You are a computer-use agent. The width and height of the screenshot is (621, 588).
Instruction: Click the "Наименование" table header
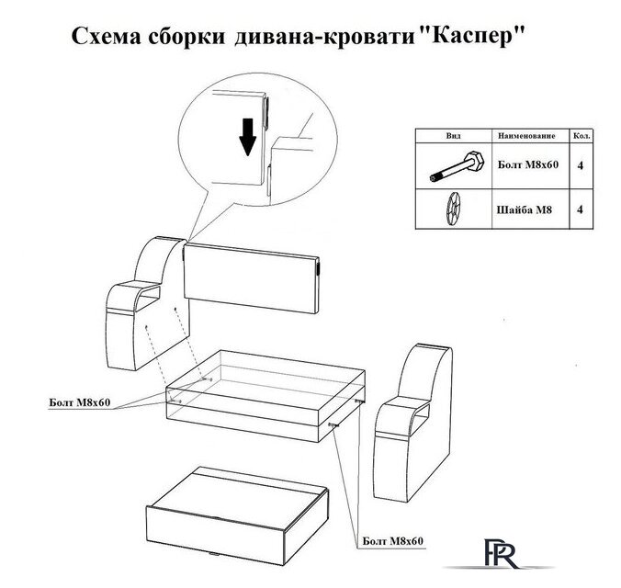point(526,135)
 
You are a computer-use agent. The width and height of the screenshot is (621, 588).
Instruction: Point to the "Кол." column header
point(581,135)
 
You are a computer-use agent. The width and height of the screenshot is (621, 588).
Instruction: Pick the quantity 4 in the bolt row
point(581,166)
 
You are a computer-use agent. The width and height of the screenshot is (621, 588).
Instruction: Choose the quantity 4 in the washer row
point(581,208)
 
